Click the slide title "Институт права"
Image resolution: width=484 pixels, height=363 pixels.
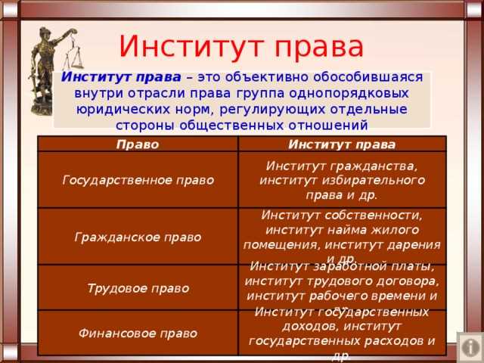click(241, 46)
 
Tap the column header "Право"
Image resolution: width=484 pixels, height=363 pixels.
click(138, 144)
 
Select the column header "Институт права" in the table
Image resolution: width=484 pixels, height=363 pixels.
click(341, 144)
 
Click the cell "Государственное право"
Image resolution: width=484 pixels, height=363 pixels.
click(138, 180)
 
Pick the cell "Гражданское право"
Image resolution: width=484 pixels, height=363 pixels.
click(138, 237)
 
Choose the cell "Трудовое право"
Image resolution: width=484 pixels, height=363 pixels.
click(138, 288)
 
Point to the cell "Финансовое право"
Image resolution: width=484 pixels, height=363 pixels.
click(138, 333)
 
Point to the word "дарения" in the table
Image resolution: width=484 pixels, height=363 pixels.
click(414, 244)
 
